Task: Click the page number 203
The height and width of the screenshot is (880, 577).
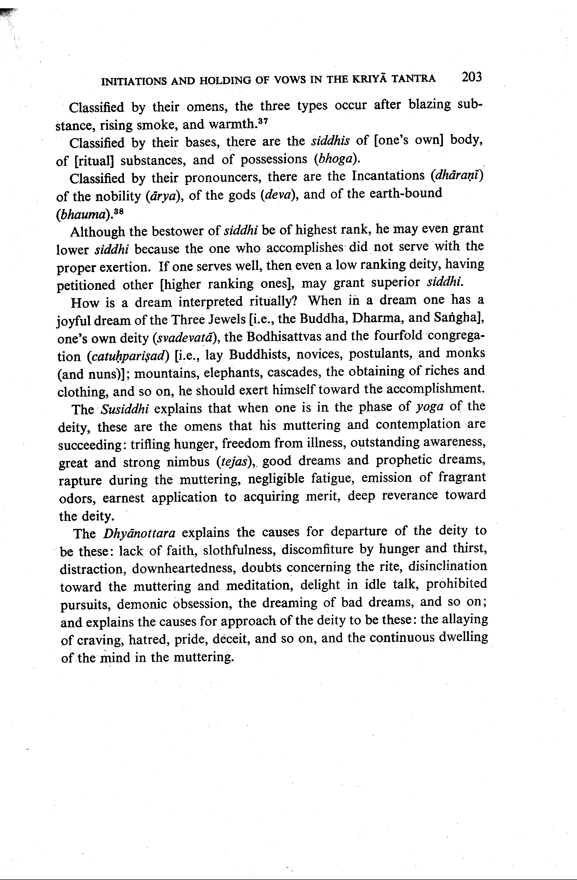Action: tap(471, 77)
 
